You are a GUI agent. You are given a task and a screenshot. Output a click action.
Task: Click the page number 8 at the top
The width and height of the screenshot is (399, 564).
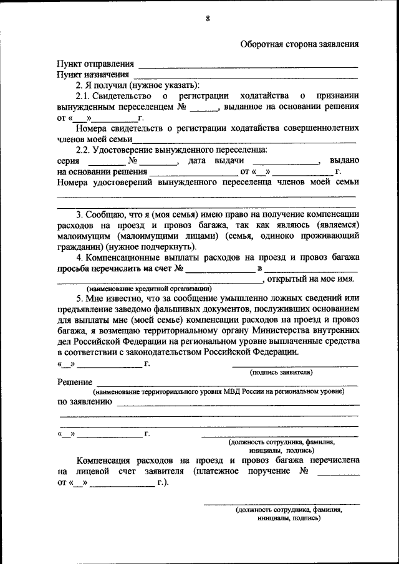coord(208,19)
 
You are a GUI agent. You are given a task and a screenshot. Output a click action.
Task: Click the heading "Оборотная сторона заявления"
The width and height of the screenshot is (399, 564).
coord(299,44)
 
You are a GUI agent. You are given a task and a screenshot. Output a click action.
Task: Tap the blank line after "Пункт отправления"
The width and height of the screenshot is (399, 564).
coord(248,65)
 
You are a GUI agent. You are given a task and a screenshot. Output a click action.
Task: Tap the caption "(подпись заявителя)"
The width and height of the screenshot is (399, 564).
coord(281,372)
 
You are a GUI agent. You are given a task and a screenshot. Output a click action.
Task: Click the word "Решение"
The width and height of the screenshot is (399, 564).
coord(75,382)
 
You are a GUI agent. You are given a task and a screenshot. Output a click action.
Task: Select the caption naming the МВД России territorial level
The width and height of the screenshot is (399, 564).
coord(219,392)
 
